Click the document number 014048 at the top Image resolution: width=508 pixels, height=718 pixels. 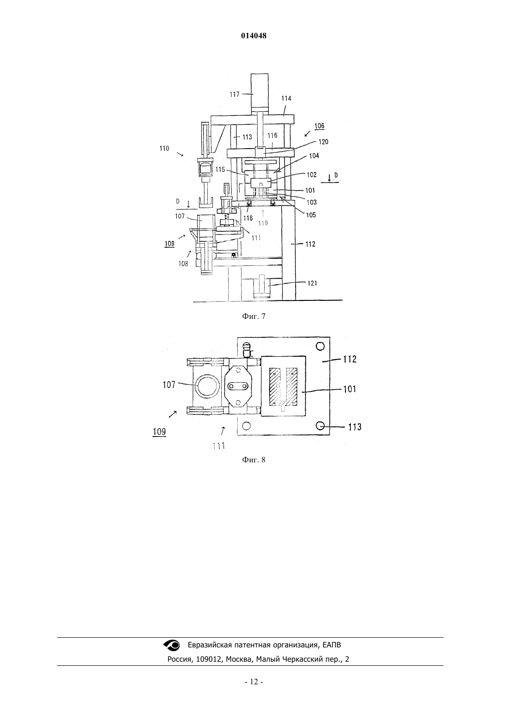coord(254,36)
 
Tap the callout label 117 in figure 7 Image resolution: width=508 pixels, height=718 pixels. coord(235,94)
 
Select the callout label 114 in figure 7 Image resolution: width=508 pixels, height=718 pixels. coord(286,98)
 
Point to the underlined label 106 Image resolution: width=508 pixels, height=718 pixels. coord(320,126)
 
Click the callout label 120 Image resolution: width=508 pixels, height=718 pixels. coord(323,142)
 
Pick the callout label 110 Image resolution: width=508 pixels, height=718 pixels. coord(164,149)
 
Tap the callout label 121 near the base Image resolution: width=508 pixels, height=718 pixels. coord(312,283)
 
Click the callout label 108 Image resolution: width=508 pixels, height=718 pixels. coord(183,264)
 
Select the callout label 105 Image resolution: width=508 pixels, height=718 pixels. coord(311,215)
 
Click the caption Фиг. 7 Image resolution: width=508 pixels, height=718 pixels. coord(254,317)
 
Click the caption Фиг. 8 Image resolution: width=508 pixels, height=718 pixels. coord(254,460)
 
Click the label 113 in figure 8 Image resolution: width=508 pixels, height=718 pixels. coord(355,427)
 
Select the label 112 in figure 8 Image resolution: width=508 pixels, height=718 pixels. coord(350,359)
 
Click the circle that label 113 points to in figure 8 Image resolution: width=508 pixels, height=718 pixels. coord(320,426)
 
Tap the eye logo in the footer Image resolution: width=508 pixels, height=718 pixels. coord(172,645)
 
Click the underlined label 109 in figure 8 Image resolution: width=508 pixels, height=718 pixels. coord(159,432)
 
